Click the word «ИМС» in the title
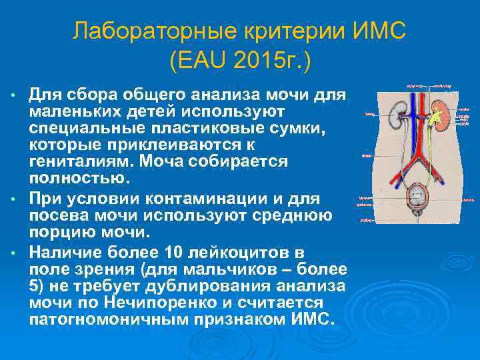tap(377, 31)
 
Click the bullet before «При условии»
tap(15, 200)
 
